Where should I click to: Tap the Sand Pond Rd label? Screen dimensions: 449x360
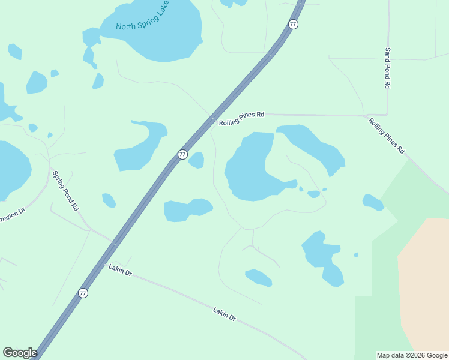388,68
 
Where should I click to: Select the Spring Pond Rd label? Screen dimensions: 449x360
65,191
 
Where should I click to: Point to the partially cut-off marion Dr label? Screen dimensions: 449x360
13,211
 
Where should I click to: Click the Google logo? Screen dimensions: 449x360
20,353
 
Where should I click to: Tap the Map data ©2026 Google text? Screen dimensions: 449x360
412,355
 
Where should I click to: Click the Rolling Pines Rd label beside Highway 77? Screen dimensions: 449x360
241,118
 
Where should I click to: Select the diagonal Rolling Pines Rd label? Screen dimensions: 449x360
387,136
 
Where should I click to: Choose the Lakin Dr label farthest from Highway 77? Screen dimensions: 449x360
225,314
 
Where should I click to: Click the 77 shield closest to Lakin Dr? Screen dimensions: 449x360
83,293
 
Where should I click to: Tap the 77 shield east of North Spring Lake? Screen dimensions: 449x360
292,24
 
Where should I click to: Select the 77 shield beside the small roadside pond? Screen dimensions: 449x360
182,155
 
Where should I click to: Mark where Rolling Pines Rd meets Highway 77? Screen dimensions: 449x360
213,119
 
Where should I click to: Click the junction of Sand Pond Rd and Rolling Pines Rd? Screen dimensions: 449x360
387,115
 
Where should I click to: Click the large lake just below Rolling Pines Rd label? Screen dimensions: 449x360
249,171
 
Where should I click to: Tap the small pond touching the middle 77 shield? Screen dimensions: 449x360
197,160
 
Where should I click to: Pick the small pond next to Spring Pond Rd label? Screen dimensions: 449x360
109,200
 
